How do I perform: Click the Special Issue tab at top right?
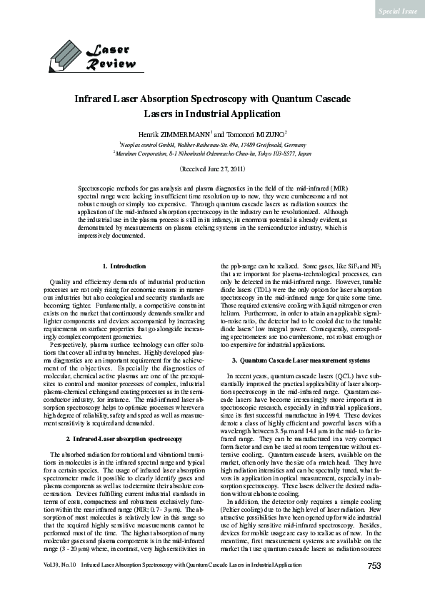pyautogui.click(x=398, y=11)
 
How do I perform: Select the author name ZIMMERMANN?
pyautogui.click(x=184, y=133)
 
